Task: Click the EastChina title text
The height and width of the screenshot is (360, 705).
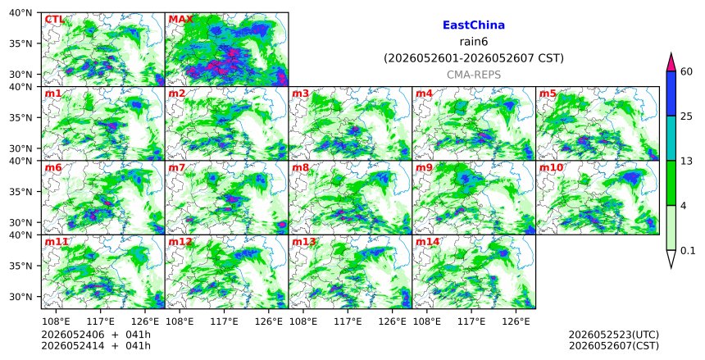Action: (474, 25)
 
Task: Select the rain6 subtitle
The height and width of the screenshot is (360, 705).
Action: (474, 42)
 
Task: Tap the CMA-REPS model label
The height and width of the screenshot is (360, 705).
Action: (474, 75)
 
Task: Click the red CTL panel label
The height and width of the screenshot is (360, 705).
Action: (54, 20)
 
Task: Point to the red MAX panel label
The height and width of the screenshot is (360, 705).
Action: (180, 20)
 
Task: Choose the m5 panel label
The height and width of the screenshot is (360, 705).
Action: (548, 93)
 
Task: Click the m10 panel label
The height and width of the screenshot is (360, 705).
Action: (551, 168)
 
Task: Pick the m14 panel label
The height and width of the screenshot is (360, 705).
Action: (427, 242)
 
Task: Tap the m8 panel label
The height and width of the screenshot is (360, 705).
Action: (300, 168)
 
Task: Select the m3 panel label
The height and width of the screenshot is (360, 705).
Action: (300, 93)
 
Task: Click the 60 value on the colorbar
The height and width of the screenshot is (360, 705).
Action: (686, 71)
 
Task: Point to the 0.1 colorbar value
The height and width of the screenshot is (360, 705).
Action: (688, 251)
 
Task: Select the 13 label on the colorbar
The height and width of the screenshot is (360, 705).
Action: (686, 161)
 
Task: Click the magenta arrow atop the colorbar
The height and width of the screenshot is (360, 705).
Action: (671, 62)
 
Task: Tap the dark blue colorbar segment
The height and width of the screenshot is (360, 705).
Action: (671, 93)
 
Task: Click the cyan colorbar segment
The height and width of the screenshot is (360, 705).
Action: (671, 138)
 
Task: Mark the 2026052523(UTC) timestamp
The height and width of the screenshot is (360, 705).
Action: (614, 335)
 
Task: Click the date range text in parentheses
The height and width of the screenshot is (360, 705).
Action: (474, 58)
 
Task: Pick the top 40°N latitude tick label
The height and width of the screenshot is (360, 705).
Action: (20, 12)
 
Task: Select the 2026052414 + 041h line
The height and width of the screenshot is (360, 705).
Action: (96, 345)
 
